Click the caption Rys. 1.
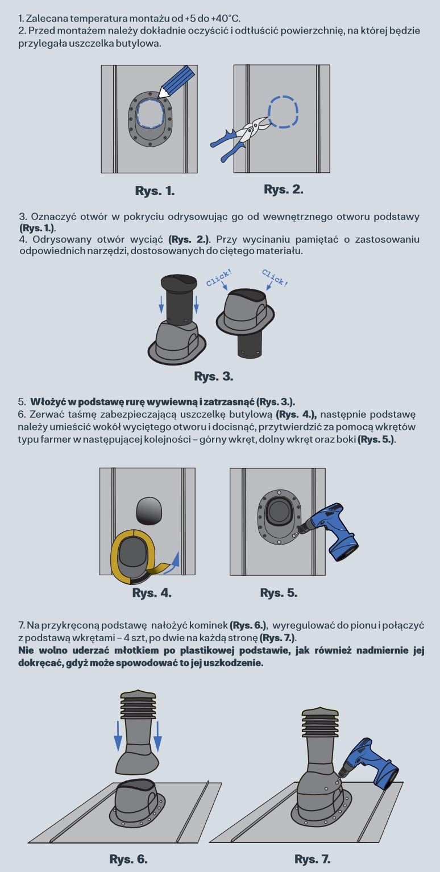(155, 191)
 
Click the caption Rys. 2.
(284, 189)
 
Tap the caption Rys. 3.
(213, 376)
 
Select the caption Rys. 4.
(152, 593)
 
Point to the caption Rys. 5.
(279, 593)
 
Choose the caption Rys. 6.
(128, 859)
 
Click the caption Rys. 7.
(312, 859)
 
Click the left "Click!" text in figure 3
(219, 277)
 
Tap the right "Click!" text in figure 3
(275, 278)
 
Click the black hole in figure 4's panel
(149, 510)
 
